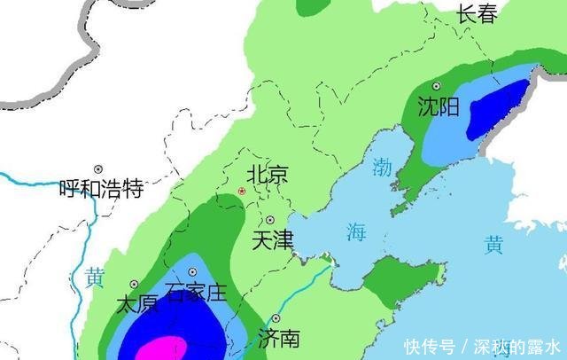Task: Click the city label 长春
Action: [478, 12]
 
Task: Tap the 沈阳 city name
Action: [439, 108]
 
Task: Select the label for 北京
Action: [267, 175]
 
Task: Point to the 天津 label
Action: [272, 239]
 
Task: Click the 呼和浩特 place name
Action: [101, 188]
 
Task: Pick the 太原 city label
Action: [137, 304]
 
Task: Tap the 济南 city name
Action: [278, 338]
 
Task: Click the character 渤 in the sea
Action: [382, 166]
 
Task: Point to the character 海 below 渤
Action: [356, 233]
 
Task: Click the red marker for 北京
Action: [241, 192]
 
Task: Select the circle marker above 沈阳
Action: [436, 86]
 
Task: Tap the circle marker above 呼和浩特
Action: [98, 168]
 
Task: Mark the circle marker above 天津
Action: [270, 220]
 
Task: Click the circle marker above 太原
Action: [135, 284]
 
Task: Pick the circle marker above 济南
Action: [276, 317]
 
